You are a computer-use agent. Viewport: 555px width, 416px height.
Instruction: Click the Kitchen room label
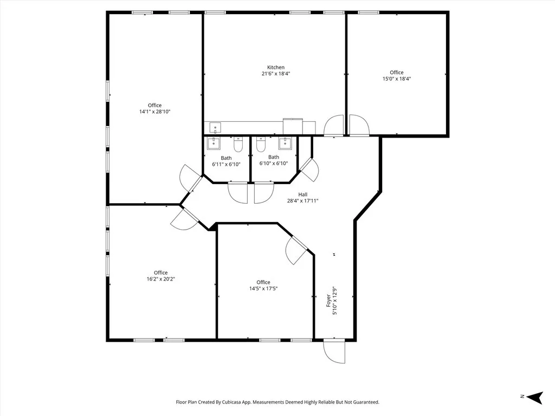(275, 68)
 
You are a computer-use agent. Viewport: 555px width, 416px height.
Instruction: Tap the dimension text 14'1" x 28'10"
(154, 112)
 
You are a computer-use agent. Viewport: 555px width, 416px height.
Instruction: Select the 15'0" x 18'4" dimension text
(396, 79)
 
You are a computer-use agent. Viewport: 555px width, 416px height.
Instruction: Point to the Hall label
(302, 194)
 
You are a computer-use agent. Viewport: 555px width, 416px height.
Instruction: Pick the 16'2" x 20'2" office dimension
(160, 279)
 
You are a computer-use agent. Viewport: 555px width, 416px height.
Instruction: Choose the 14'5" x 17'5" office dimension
(263, 289)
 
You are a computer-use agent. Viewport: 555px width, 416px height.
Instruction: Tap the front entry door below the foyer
(334, 352)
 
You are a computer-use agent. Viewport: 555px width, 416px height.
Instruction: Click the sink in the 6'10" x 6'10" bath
(285, 143)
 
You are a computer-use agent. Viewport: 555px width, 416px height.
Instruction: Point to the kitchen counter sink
(215, 128)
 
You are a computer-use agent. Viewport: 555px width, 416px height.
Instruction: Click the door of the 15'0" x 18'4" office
(358, 125)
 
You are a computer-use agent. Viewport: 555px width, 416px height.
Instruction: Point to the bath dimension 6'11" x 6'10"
(226, 164)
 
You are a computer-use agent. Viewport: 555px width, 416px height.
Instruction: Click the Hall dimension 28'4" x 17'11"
(302, 201)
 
